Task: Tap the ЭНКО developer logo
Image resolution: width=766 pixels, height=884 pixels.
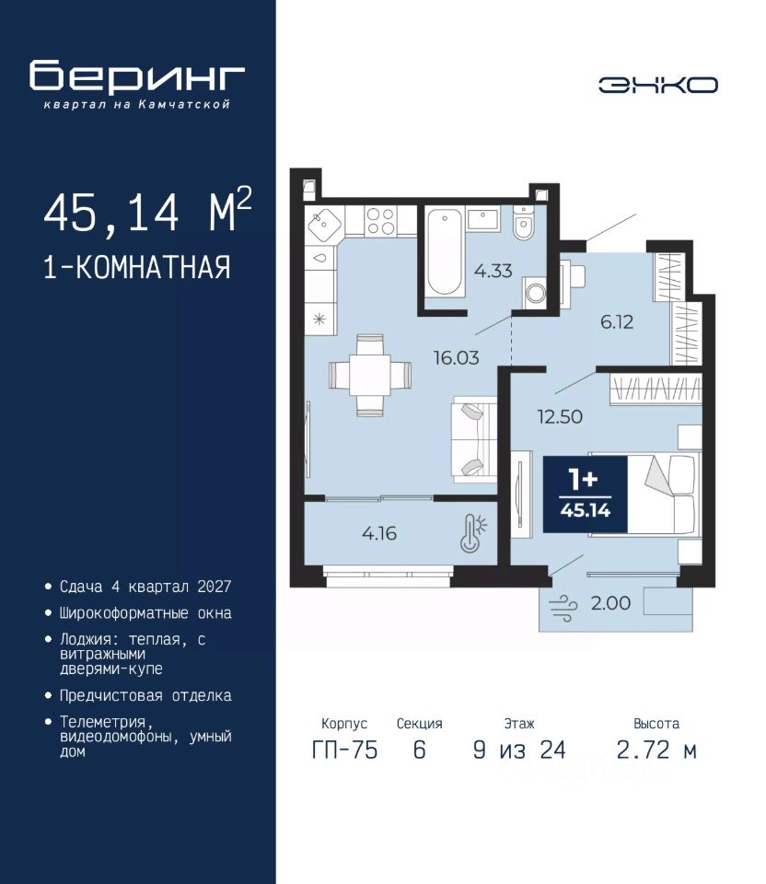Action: pyautogui.click(x=657, y=85)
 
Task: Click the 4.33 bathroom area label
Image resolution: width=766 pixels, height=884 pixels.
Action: pyautogui.click(x=493, y=271)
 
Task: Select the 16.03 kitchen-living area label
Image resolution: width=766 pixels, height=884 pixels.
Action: pyautogui.click(x=456, y=357)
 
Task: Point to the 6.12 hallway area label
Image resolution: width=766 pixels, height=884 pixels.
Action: pyautogui.click(x=617, y=322)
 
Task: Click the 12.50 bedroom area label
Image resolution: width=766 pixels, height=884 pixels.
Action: pyautogui.click(x=560, y=416)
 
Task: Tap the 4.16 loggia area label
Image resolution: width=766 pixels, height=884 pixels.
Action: pyautogui.click(x=379, y=533)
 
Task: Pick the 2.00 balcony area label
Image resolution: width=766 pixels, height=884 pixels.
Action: pyautogui.click(x=610, y=603)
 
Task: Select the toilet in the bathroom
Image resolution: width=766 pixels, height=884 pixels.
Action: pyautogui.click(x=524, y=222)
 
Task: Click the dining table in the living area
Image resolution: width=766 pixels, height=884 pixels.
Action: pyautogui.click(x=370, y=375)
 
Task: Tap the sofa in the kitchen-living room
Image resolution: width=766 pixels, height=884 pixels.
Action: pyautogui.click(x=474, y=439)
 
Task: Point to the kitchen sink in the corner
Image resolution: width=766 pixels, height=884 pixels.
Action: pyautogui.click(x=324, y=224)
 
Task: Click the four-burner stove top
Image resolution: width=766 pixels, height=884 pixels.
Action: pyautogui.click(x=381, y=221)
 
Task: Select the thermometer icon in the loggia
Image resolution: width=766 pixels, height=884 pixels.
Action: pyautogui.click(x=473, y=533)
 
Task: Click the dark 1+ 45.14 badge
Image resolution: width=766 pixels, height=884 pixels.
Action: pyautogui.click(x=585, y=494)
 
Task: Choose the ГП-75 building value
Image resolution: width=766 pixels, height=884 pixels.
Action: pyautogui.click(x=344, y=750)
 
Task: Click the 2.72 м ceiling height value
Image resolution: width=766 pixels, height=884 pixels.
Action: pyautogui.click(x=656, y=750)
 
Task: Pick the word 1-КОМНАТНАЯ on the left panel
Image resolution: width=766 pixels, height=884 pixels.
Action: pyautogui.click(x=137, y=267)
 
